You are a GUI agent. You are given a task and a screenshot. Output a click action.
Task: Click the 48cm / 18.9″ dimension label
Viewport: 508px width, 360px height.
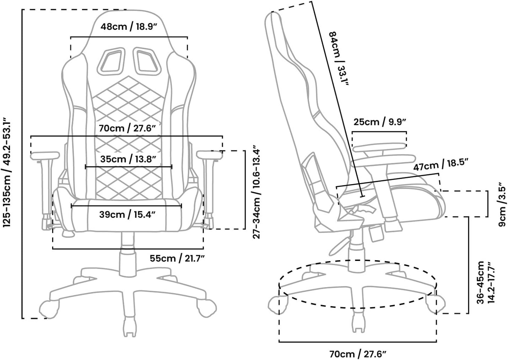click(x=129, y=27)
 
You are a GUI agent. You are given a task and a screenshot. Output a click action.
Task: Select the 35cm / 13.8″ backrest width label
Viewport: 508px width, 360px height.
click(x=128, y=159)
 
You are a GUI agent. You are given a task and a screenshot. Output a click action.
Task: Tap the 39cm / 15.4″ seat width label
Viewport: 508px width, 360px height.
click(x=127, y=215)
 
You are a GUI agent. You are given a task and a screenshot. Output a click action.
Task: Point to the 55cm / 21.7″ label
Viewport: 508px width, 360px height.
click(x=177, y=258)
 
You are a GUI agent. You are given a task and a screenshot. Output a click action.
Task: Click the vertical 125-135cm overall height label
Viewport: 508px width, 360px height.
click(x=7, y=174)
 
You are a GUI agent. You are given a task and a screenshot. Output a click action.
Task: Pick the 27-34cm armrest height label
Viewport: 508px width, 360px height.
click(x=257, y=192)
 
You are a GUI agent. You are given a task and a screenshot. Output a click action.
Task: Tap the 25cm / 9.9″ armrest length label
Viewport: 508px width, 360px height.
click(x=379, y=122)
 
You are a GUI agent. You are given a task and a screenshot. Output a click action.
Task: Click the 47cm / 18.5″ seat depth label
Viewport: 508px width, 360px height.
click(x=441, y=165)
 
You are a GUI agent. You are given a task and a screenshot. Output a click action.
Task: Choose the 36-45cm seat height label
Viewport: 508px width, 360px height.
click(x=485, y=282)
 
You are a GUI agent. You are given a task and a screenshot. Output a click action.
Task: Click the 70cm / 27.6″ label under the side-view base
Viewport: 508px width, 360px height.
click(x=357, y=353)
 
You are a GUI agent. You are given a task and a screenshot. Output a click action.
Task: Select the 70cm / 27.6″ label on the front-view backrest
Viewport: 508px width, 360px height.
click(x=127, y=128)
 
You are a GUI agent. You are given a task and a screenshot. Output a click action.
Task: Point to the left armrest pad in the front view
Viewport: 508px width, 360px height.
click(x=45, y=155)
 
